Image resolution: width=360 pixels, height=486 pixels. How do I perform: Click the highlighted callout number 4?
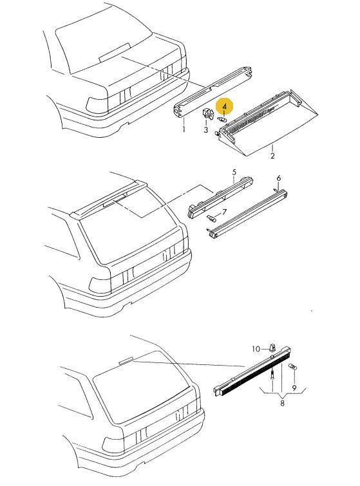click(225, 107)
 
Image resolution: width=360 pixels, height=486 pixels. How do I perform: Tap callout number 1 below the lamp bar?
click(184, 129)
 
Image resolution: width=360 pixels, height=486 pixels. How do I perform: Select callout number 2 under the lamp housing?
click(272, 156)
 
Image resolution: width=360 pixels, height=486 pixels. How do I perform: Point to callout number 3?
click(205, 129)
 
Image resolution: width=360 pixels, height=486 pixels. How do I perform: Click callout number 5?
click(234, 172)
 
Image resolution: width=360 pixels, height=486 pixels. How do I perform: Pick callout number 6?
click(278, 178)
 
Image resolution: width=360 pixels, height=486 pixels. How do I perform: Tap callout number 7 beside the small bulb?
click(225, 212)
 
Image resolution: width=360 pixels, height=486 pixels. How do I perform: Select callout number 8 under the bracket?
click(282, 403)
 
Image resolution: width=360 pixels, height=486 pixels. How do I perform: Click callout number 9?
click(294, 388)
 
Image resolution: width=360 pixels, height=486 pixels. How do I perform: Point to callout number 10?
click(256, 349)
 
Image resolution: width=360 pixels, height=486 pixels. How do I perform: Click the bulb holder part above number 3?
click(208, 114)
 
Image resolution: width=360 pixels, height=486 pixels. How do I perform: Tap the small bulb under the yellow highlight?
click(223, 119)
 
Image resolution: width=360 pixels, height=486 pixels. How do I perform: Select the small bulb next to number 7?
click(211, 219)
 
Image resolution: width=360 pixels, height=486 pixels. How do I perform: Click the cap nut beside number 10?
click(272, 348)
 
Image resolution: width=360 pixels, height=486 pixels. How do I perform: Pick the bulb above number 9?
click(292, 367)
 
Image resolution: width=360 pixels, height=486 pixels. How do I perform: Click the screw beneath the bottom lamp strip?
click(272, 376)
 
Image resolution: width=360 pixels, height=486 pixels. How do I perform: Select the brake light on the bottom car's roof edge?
click(126, 360)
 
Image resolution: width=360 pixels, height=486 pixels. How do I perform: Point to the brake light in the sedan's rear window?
click(115, 53)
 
